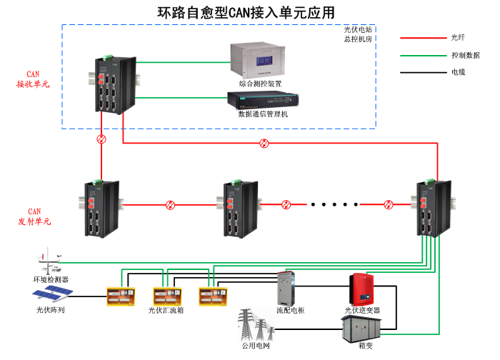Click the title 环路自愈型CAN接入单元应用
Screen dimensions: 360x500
(x=246, y=13)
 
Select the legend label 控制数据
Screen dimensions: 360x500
(x=465, y=55)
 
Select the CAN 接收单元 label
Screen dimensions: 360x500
(x=34, y=79)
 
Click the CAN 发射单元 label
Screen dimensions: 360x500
(x=34, y=216)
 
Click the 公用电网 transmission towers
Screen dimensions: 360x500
(x=252, y=327)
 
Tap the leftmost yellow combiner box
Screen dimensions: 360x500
(x=120, y=296)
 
